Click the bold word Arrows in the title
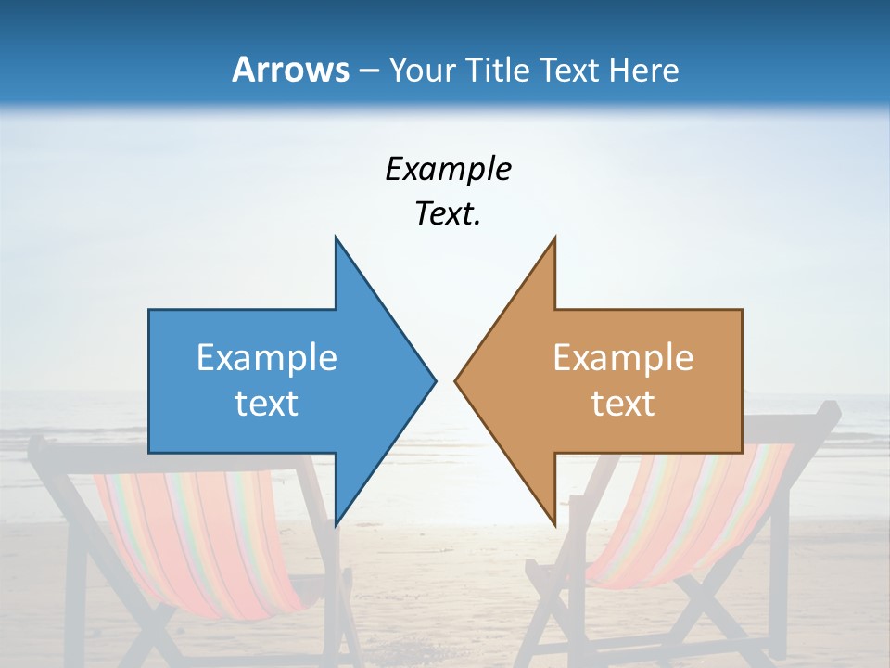(x=290, y=70)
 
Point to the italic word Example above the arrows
(x=448, y=170)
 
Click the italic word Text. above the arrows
(x=448, y=214)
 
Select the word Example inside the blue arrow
(x=267, y=358)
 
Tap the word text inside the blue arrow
(x=267, y=404)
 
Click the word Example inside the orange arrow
(x=623, y=358)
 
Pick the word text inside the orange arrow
(x=623, y=404)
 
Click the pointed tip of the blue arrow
(x=435, y=380)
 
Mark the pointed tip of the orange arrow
(x=455, y=380)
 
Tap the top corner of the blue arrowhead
(x=336, y=238)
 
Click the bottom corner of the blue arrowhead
(x=336, y=525)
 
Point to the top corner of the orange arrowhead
(x=554, y=238)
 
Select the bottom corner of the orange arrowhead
(x=554, y=525)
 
